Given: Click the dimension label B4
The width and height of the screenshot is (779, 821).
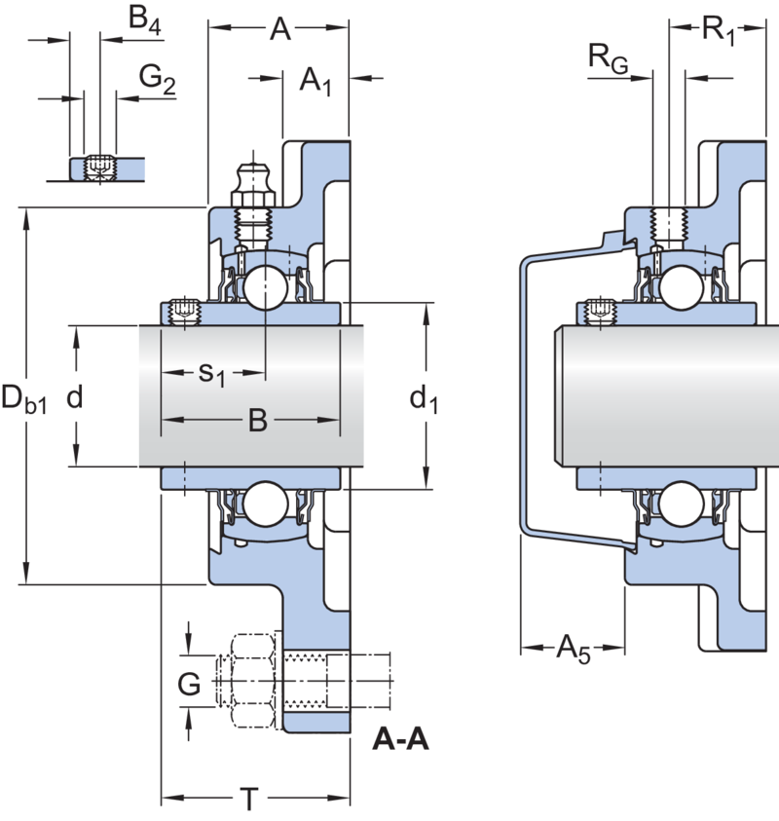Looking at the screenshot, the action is [x=145, y=20].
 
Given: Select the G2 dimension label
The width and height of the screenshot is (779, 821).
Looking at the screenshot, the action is [x=157, y=80].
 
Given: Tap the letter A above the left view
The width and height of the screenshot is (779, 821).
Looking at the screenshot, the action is [x=280, y=29].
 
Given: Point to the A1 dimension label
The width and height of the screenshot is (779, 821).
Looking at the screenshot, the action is [x=315, y=82].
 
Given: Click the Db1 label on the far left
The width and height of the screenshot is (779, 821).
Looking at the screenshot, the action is [x=24, y=398].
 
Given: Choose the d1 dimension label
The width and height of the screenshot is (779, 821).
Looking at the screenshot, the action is [x=424, y=399].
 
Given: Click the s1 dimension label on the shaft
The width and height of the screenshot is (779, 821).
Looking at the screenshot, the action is [x=212, y=374].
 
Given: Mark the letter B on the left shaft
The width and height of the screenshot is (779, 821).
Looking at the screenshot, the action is [x=258, y=421].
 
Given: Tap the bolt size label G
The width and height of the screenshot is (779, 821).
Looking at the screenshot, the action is [x=189, y=684].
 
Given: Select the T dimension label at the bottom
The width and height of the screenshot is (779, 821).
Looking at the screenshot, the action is [x=249, y=799].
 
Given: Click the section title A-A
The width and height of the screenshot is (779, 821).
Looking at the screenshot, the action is [x=400, y=740].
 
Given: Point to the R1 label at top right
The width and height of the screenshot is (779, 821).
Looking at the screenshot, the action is [x=719, y=30].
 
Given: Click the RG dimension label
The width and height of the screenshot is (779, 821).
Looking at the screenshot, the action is [x=608, y=58].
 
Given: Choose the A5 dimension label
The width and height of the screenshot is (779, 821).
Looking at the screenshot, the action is [x=574, y=650].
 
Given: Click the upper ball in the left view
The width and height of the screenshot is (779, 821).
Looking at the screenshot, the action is [x=266, y=287].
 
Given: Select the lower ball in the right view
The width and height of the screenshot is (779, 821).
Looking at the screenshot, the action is [x=681, y=504].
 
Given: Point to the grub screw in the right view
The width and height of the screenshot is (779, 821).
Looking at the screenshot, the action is [x=601, y=312].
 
